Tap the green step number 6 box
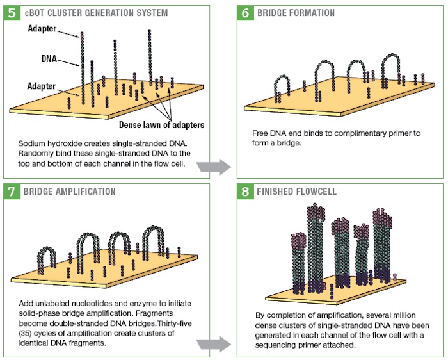click(245, 13)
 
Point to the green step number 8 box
click(245, 192)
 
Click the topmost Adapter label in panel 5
click(42, 29)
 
